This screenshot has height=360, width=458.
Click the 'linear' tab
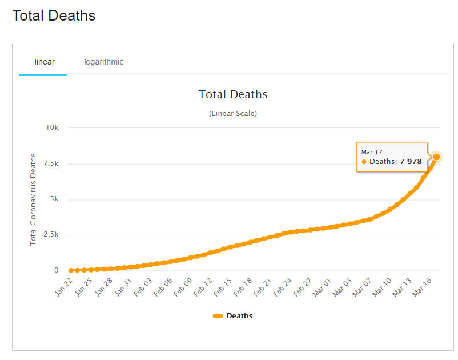[x=45, y=62]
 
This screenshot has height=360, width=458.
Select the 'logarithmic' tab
[x=103, y=62]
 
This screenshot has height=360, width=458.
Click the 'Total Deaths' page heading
[x=54, y=15]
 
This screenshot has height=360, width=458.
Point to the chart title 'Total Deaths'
[x=232, y=94]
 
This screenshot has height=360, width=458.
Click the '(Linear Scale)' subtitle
[x=233, y=113]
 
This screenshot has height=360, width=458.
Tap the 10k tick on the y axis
[x=53, y=127]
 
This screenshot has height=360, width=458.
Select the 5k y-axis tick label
[x=54, y=199]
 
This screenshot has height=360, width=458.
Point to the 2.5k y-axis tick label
[x=51, y=235]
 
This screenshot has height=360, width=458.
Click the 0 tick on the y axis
[x=56, y=270]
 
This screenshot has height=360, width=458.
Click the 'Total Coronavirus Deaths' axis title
[x=33, y=199]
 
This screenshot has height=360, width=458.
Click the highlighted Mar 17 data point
[x=436, y=157]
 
